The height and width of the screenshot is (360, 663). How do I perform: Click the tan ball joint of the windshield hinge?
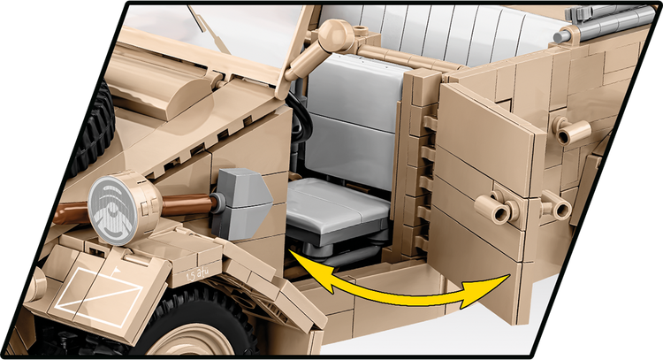[x=334, y=36]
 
